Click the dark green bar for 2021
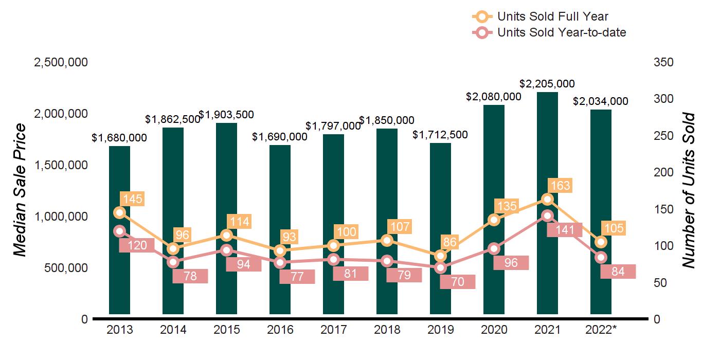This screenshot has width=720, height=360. [x=547, y=154]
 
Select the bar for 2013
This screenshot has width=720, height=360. [x=119, y=273]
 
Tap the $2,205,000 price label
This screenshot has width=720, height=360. [x=547, y=84]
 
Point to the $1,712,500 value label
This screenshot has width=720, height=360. [x=440, y=135]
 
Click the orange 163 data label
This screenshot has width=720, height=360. [x=560, y=185]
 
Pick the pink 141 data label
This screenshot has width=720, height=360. [x=564, y=229]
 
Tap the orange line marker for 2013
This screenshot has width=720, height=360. [x=119, y=213]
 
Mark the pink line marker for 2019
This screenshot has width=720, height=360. [x=440, y=268]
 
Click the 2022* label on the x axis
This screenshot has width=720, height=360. [x=602, y=330]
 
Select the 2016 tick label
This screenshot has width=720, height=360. [x=280, y=330]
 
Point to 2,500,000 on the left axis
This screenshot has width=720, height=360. [x=61, y=62]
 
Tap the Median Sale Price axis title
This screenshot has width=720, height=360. [x=20, y=190]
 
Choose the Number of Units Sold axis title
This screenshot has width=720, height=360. [x=689, y=190]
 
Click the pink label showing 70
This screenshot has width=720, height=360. [x=458, y=282]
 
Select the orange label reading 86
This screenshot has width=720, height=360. [x=452, y=242]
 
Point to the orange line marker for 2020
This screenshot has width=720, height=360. [x=494, y=220]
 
